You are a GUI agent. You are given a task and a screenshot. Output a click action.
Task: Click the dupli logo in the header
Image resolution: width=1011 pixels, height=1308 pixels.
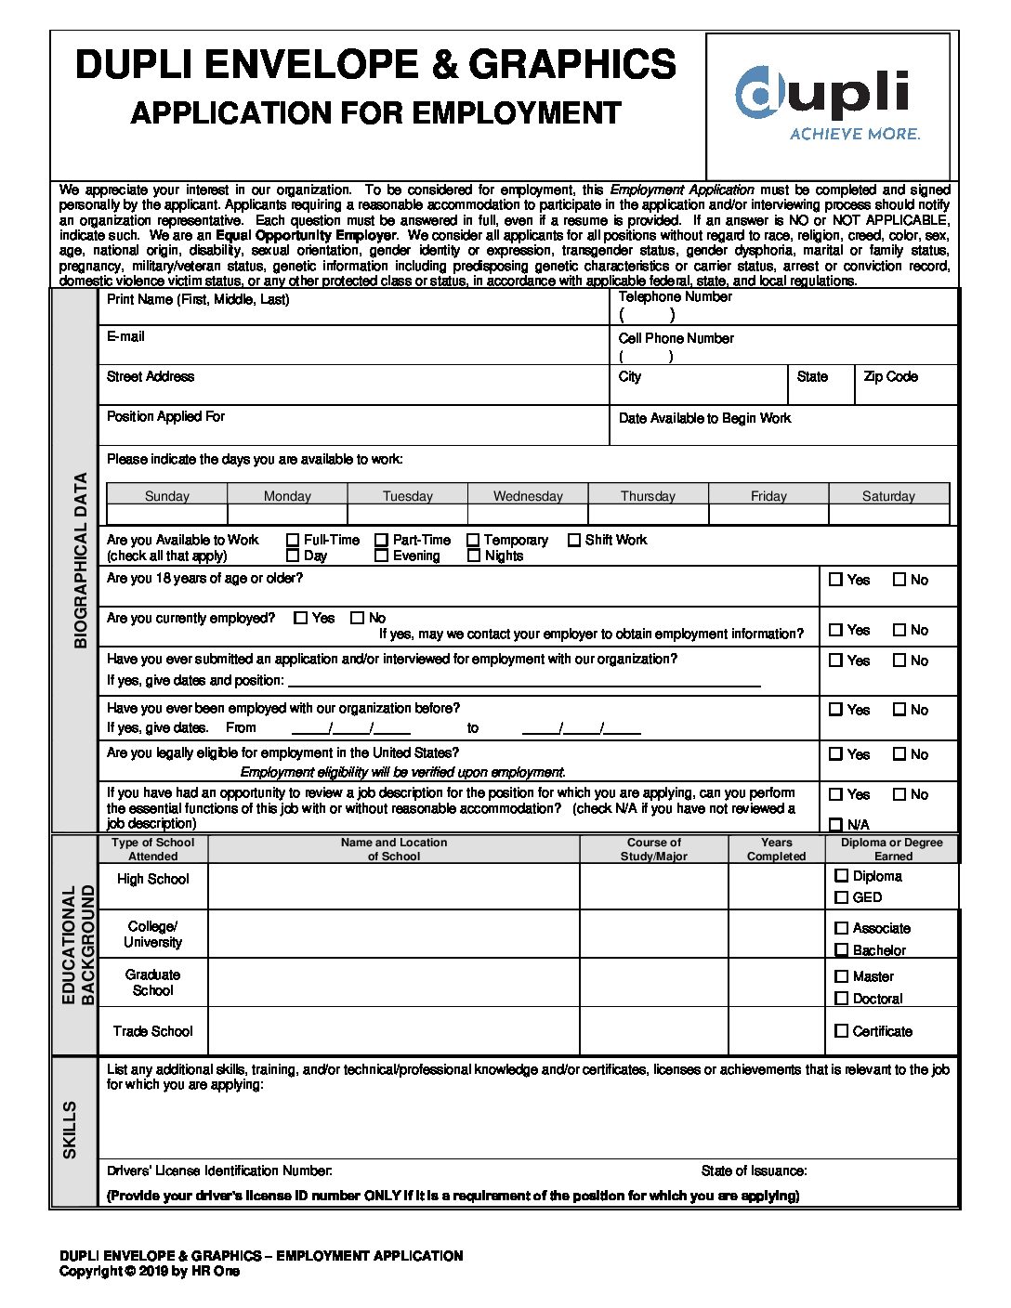point(826,103)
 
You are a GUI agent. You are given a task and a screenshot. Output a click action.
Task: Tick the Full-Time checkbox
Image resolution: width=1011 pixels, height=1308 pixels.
point(293,540)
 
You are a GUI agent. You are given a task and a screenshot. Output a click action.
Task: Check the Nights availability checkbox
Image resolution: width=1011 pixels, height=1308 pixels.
point(474,556)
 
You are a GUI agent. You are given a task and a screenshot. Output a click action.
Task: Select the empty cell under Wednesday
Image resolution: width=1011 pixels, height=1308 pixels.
point(528,514)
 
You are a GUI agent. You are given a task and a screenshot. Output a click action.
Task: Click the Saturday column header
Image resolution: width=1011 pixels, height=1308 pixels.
point(888,496)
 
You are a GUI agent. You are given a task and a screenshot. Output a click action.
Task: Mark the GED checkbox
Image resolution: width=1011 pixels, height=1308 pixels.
point(842,897)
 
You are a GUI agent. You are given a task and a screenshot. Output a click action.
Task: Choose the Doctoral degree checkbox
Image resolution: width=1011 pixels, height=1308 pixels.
point(842,999)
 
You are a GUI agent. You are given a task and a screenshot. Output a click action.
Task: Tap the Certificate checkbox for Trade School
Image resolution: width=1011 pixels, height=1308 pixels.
point(842,1031)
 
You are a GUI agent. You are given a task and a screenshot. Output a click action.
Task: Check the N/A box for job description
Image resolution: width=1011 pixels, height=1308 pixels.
point(835,824)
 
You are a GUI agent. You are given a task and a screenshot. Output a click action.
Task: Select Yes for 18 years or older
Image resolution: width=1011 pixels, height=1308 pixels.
point(835,580)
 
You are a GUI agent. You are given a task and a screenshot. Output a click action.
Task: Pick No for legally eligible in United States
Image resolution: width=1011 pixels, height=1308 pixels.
point(899,754)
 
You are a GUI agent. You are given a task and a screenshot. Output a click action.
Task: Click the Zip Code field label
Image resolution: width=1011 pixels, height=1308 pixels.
point(890,376)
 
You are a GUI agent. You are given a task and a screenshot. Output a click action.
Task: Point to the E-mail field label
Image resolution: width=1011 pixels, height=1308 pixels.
point(125,336)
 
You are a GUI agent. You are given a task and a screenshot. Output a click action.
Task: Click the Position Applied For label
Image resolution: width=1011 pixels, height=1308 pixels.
point(165,416)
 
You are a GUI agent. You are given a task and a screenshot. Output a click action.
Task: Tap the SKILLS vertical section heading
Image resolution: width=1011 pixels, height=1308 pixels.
point(71,1130)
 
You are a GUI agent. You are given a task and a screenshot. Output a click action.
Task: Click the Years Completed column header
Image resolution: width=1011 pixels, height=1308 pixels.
point(776,849)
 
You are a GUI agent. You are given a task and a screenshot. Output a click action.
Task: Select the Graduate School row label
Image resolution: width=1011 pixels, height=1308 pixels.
point(152,982)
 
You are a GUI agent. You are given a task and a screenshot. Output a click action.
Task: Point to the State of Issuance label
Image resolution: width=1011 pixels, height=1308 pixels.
point(754,1171)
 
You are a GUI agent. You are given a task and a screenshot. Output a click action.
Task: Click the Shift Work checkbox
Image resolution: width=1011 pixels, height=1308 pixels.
point(574,540)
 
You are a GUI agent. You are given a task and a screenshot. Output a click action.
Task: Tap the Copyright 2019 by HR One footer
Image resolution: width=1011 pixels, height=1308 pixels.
point(149,1271)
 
